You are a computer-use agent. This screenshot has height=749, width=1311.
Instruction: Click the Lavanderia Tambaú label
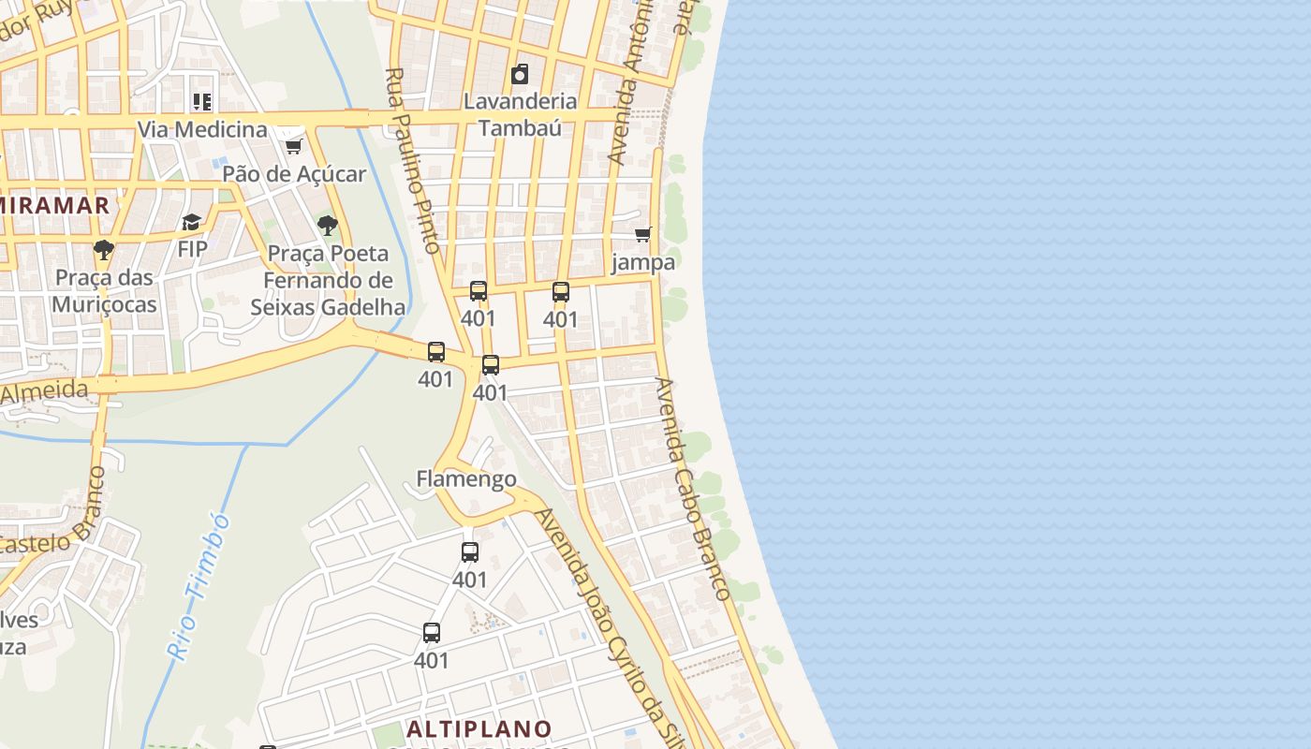coord(520,114)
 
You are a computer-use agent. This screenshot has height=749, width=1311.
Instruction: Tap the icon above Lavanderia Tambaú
coord(520,74)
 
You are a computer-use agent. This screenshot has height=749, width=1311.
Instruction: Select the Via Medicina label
coord(202,129)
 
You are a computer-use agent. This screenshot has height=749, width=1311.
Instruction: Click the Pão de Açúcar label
coord(294,174)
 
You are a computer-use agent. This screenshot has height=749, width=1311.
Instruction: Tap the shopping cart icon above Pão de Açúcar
coord(293,146)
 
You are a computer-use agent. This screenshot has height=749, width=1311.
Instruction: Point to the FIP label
coord(192,249)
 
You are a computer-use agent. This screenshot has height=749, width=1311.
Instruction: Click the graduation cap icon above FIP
coord(192,222)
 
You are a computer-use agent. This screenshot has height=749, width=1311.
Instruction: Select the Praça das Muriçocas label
coord(104,291)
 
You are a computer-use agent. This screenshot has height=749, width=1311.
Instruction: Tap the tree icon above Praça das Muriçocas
coord(104,250)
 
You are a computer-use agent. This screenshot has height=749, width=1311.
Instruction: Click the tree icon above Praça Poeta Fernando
coord(327,225)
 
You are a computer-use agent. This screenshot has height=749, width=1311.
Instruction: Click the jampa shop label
coord(643,262)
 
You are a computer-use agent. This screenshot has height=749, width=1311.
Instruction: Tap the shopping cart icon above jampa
coord(642,234)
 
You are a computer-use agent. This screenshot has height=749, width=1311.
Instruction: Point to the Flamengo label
coord(465,479)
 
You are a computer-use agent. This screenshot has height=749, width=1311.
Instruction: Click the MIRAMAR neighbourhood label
coord(54,205)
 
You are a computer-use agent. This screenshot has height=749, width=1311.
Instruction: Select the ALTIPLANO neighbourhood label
coord(479,728)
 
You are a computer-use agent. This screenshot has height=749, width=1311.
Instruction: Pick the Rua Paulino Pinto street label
coord(412,160)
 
